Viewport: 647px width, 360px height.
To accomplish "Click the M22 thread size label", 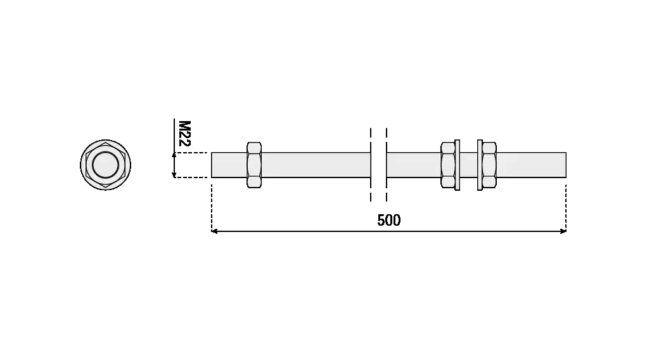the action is (184, 133).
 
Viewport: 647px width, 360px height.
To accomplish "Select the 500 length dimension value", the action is (388, 220).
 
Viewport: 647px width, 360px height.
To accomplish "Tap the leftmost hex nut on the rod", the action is (254, 165).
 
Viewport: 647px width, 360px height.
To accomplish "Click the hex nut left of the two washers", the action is (447, 165).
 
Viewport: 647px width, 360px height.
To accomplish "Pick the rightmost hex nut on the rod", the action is (489, 165).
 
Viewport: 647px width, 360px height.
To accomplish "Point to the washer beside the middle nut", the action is (457, 165).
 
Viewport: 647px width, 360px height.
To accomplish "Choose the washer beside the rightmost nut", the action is (480, 165).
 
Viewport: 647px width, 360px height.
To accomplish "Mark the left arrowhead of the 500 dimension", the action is (214, 231).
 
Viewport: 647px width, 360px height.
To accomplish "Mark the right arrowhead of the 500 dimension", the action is (563, 231).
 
